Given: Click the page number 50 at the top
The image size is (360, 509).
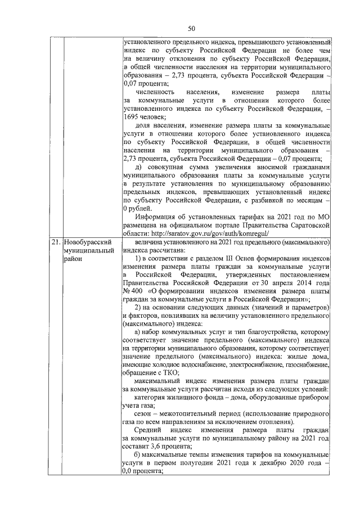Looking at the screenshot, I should (x=191, y=28).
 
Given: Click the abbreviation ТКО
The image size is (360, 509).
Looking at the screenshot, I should (x=170, y=373).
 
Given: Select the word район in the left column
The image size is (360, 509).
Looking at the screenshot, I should (x=73, y=259).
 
